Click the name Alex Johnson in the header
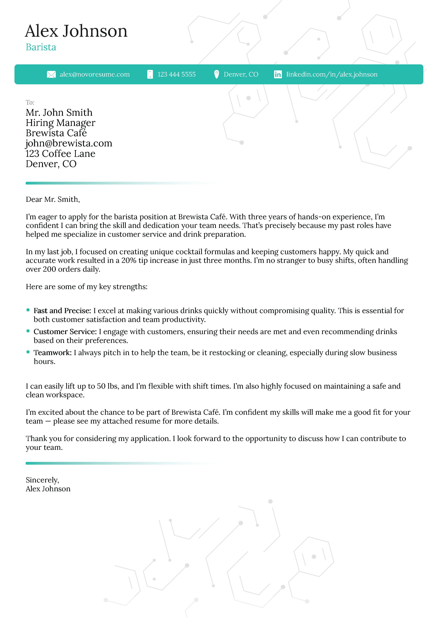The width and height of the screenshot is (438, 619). click(76, 31)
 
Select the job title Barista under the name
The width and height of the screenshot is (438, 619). click(41, 47)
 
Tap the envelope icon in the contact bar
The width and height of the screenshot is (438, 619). click(51, 74)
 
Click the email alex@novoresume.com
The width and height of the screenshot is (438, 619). click(94, 74)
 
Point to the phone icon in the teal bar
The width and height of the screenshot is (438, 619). click(150, 74)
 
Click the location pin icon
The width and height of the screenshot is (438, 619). click(216, 74)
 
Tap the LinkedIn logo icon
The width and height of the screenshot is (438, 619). click(278, 74)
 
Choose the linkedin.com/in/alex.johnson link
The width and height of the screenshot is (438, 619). click(332, 74)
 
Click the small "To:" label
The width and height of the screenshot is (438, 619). click(30, 102)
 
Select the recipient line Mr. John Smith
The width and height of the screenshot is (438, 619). click(59, 112)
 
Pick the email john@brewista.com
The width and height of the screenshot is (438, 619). click(69, 143)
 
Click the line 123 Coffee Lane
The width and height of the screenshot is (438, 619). click(60, 154)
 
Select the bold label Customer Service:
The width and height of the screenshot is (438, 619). click(65, 332)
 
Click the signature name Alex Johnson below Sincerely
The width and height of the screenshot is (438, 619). click(48, 489)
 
